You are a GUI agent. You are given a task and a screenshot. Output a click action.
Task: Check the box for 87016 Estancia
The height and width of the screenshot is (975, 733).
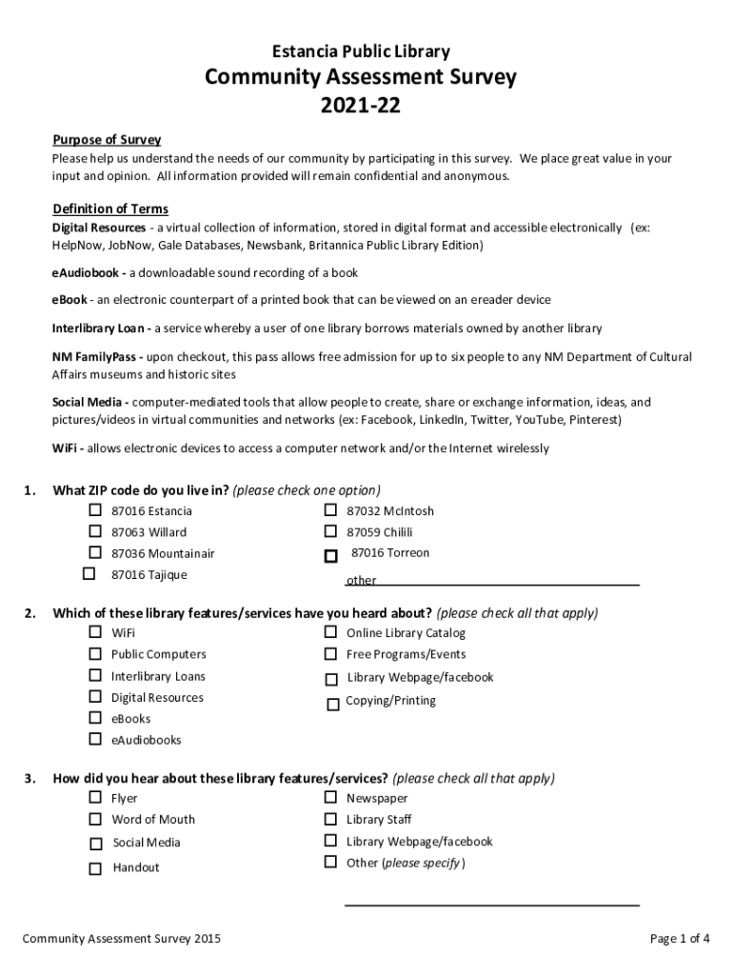coord(95,510)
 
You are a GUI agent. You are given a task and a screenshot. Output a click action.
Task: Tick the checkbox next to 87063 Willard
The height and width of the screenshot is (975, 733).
coord(95,531)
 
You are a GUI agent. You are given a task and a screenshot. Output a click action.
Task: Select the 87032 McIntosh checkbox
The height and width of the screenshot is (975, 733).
coord(330,510)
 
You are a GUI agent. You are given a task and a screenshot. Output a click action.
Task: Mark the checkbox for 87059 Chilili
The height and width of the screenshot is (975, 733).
coord(330,531)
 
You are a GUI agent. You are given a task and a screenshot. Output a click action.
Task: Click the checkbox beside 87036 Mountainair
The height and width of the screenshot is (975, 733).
coord(95,552)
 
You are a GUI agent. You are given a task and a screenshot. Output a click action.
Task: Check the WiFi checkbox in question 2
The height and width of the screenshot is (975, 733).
coord(95,632)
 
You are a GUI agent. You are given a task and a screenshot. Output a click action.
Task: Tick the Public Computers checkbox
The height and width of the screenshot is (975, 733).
coord(95,653)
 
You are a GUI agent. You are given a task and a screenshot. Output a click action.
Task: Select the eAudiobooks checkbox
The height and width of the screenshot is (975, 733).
coord(95,739)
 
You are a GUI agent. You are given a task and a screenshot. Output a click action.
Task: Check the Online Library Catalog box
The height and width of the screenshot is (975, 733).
coord(330,632)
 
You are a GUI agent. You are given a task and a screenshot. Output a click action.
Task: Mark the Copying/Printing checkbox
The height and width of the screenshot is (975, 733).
coord(333,705)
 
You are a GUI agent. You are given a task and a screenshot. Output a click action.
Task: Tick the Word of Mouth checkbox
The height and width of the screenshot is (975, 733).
coord(95,819)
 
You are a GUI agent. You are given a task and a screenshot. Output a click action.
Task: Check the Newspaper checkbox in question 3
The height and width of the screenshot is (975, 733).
coord(330,797)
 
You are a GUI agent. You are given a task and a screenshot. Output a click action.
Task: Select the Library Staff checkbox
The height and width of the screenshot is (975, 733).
coord(330,819)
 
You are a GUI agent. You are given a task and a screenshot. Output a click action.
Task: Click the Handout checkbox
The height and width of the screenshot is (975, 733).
coord(95,868)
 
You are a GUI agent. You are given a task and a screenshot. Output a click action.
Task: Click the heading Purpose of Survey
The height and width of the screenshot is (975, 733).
coord(107,140)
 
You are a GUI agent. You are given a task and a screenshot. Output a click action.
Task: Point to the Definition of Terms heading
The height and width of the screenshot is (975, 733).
coord(110,209)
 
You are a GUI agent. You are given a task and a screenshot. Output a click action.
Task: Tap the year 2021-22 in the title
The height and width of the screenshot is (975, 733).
coord(361,106)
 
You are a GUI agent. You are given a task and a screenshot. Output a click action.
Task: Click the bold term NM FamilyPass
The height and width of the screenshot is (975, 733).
coord(96,357)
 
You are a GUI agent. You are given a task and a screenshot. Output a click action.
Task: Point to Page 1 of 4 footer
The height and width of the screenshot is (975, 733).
coord(680,939)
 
